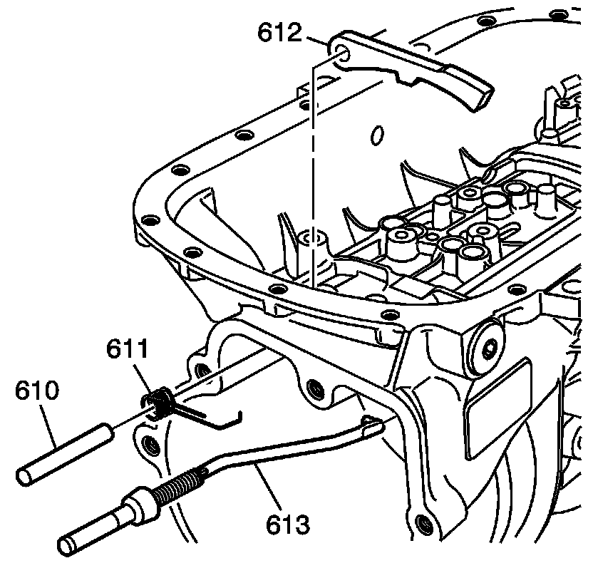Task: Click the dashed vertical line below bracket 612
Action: click(x=311, y=164)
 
